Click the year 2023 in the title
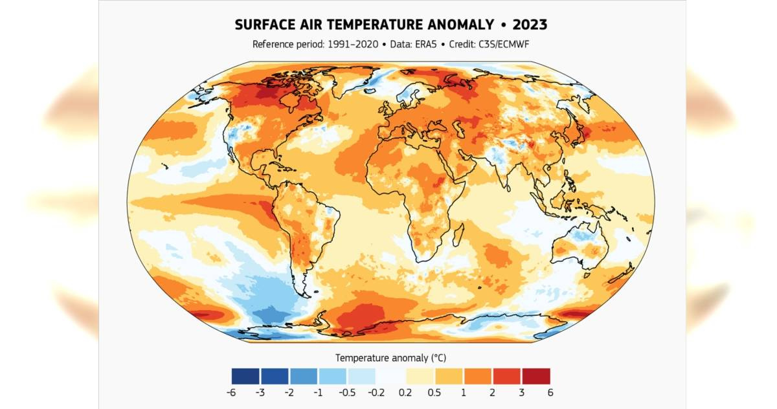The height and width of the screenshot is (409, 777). [x=530, y=25]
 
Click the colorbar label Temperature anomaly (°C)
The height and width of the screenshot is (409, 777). [x=391, y=358]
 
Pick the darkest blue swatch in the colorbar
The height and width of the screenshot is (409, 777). [x=245, y=376]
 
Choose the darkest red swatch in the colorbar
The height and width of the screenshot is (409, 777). [x=535, y=376]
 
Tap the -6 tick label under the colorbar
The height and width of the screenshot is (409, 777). [x=231, y=392]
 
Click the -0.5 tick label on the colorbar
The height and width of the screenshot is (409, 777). [x=347, y=392]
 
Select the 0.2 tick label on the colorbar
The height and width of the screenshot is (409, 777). [x=405, y=392]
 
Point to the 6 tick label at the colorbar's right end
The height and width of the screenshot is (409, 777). [x=550, y=392]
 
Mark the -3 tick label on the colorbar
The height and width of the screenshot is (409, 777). [x=260, y=392]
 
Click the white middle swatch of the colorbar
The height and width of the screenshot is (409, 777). [x=390, y=376]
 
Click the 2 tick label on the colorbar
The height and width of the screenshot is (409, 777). [x=492, y=392]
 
